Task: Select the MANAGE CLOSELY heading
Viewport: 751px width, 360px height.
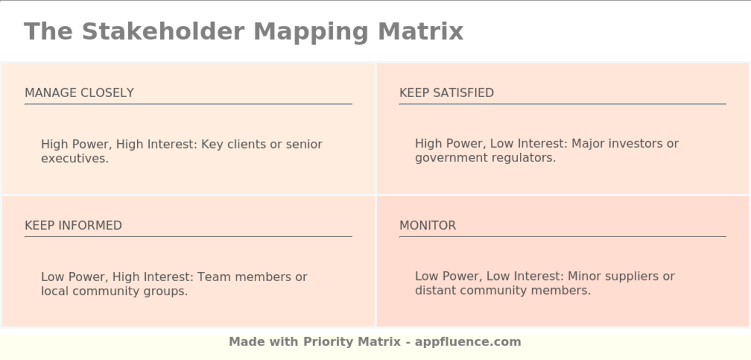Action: click(x=79, y=93)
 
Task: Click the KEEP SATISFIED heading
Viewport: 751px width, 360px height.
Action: click(x=446, y=93)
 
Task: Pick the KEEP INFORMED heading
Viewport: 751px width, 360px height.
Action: click(x=73, y=225)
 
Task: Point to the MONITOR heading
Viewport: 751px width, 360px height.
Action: click(x=428, y=225)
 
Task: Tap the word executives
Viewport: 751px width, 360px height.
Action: click(x=75, y=158)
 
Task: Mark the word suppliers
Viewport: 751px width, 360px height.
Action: click(x=624, y=276)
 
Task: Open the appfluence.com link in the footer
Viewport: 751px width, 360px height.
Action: click(x=468, y=342)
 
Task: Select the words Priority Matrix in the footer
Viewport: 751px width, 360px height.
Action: click(x=352, y=342)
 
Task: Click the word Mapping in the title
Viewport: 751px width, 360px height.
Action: click(x=311, y=31)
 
